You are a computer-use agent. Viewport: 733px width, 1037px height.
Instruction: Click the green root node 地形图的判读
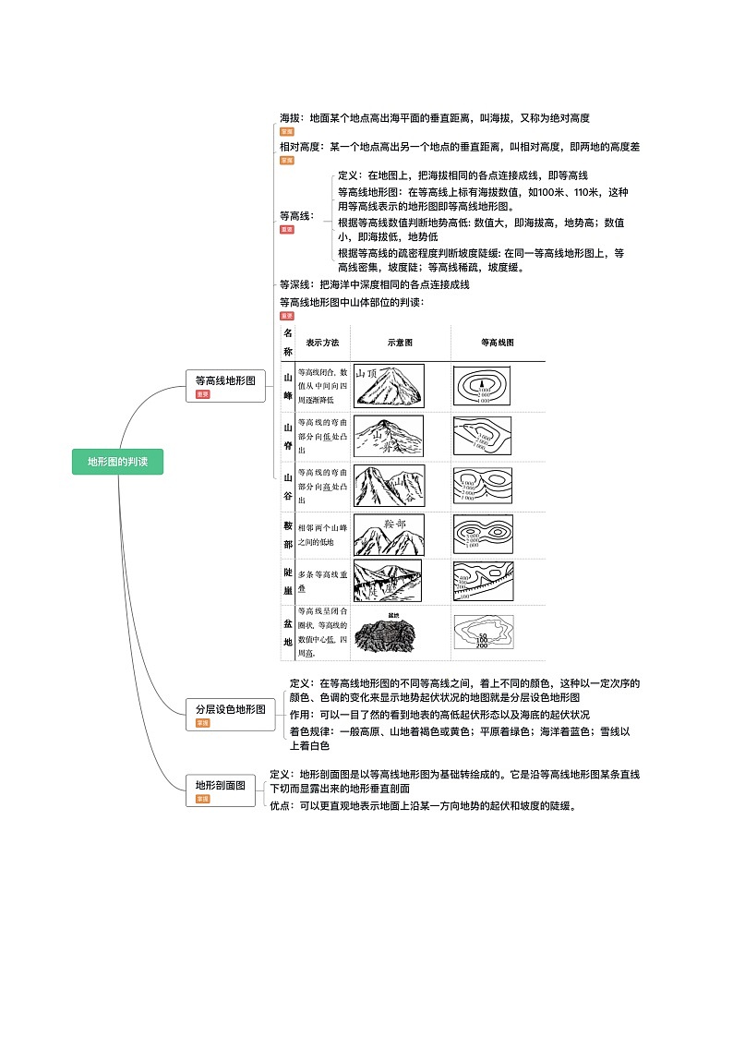coord(117,462)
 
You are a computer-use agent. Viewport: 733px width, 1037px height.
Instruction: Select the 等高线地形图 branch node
coord(225,380)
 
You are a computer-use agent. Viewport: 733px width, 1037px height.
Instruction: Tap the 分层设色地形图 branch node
coord(230,709)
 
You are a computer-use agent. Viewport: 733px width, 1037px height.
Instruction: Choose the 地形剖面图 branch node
coord(220,785)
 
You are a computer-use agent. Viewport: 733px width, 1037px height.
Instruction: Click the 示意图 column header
coord(400,342)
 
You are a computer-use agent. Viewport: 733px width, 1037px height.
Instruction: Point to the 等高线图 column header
coord(497,342)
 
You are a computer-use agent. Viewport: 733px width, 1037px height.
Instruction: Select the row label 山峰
coord(288,387)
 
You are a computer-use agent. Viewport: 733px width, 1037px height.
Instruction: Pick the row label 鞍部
coord(288,536)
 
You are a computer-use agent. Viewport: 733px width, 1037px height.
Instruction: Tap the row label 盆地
coord(288,633)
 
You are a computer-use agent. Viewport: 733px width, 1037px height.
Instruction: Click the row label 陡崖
coord(288,581)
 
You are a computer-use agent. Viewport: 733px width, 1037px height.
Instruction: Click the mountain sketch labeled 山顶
coord(389,385)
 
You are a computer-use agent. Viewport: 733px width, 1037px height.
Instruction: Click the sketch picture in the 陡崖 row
coord(388,581)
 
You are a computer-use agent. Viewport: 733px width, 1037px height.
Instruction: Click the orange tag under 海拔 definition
coord(287,132)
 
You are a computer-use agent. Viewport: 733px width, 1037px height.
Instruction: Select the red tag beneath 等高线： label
coord(287,229)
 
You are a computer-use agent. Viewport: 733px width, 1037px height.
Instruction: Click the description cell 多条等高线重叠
coord(322,581)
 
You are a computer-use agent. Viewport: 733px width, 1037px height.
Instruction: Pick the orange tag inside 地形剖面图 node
coord(202,799)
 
